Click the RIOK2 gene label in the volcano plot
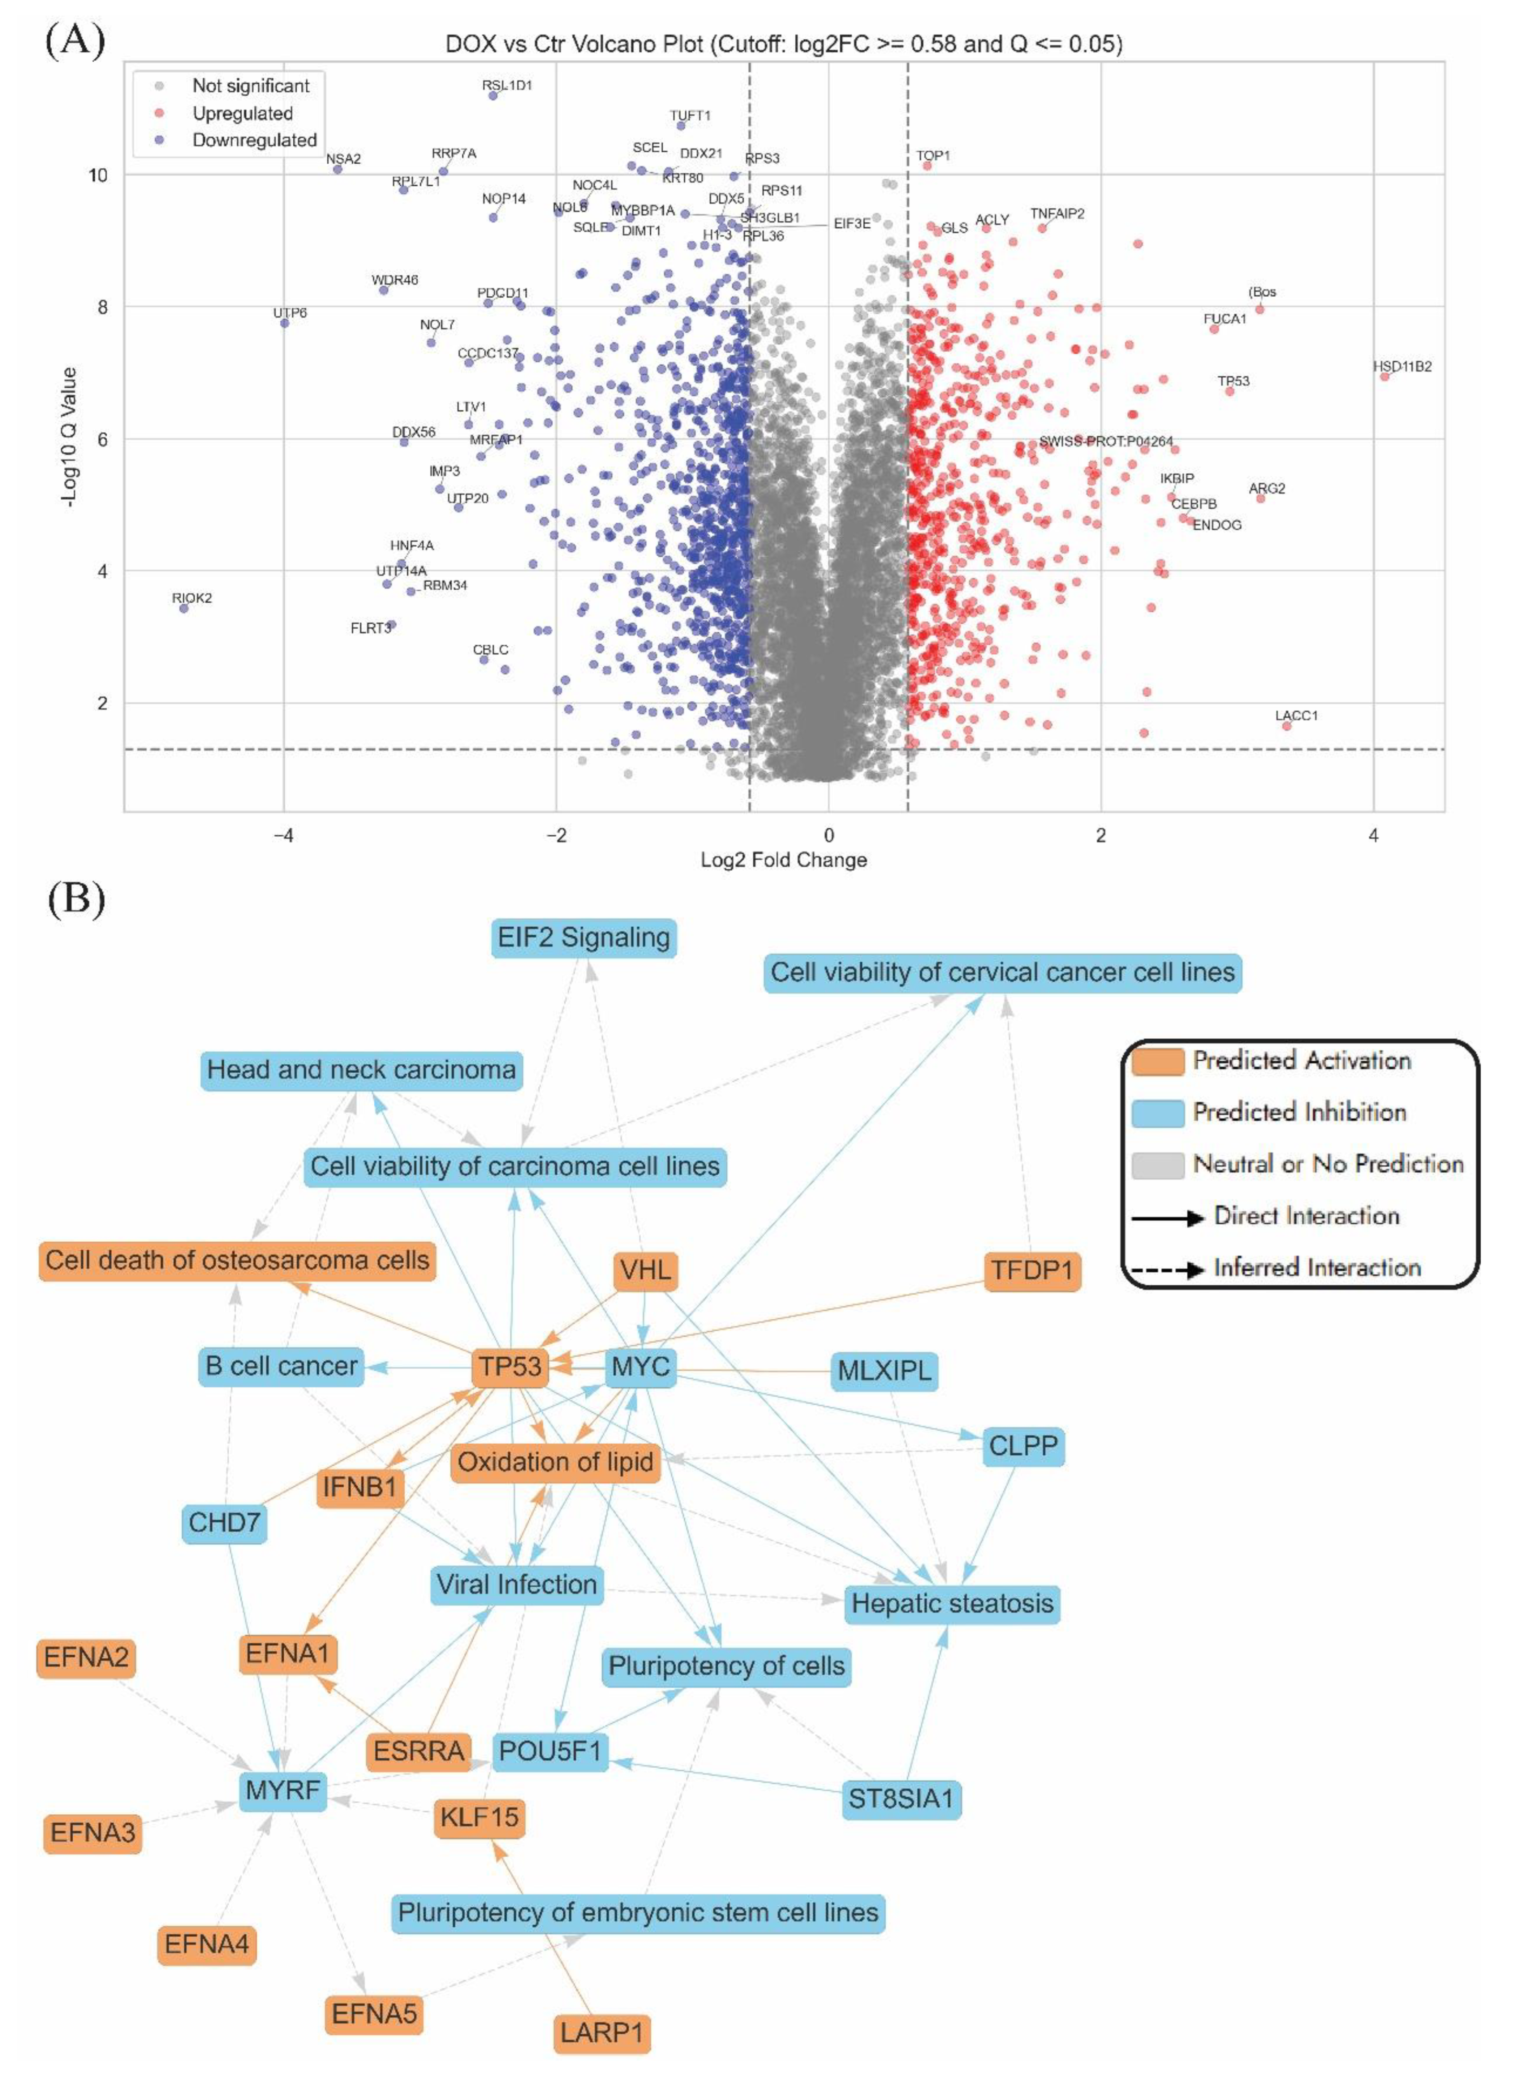(x=192, y=598)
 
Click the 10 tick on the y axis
(x=97, y=175)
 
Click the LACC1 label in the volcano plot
(x=1296, y=716)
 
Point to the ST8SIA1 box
(x=901, y=1799)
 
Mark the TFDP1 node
(x=1032, y=1270)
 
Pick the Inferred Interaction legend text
(x=1317, y=1268)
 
